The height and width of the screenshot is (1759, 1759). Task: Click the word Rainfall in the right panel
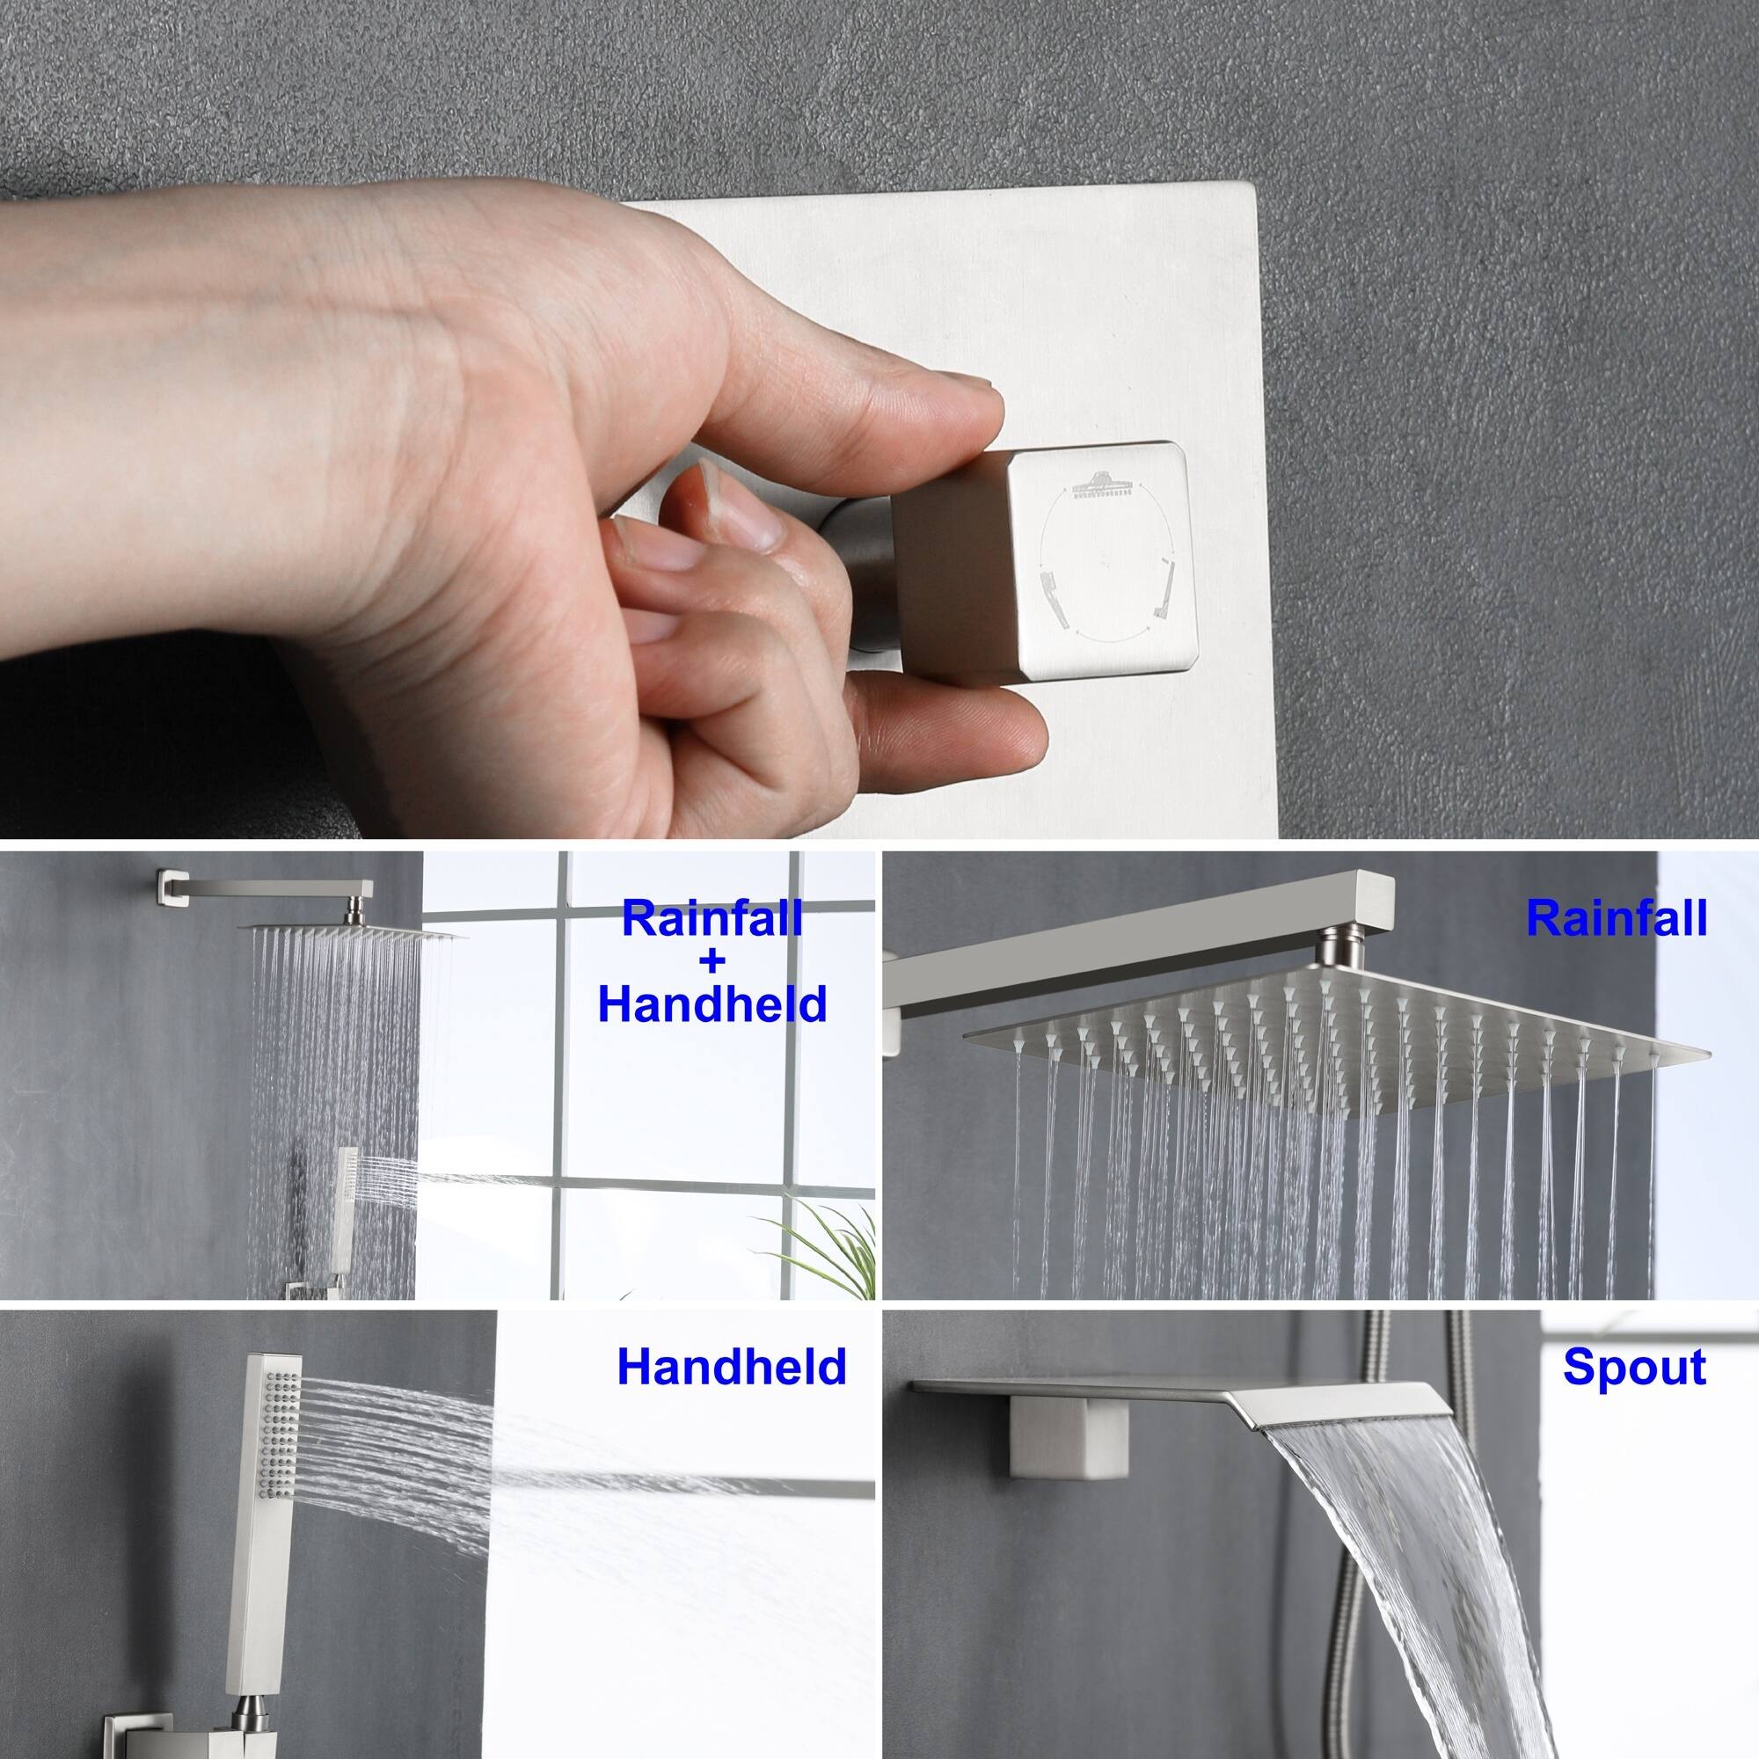pos(1616,921)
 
